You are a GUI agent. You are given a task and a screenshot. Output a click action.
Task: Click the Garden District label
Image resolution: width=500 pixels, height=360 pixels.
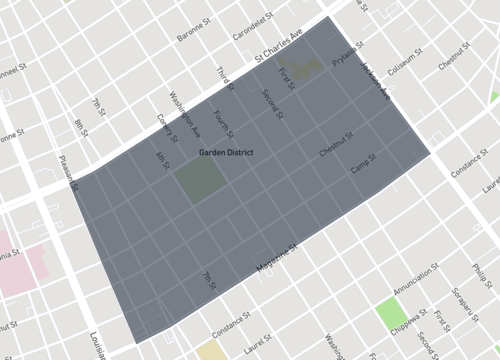pyautogui.click(x=225, y=153)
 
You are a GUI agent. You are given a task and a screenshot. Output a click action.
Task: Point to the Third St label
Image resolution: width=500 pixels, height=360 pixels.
pyautogui.click(x=223, y=76)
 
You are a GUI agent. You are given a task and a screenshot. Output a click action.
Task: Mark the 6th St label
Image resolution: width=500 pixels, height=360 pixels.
pyautogui.click(x=162, y=160)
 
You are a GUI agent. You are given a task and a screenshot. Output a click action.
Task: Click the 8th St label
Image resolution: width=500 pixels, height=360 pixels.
pyautogui.click(x=79, y=130)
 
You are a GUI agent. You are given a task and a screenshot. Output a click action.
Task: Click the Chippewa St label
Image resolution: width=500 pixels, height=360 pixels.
pyautogui.click(x=411, y=317)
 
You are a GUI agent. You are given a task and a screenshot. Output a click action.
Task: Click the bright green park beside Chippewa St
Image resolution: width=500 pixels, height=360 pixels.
pyautogui.click(x=388, y=313)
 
